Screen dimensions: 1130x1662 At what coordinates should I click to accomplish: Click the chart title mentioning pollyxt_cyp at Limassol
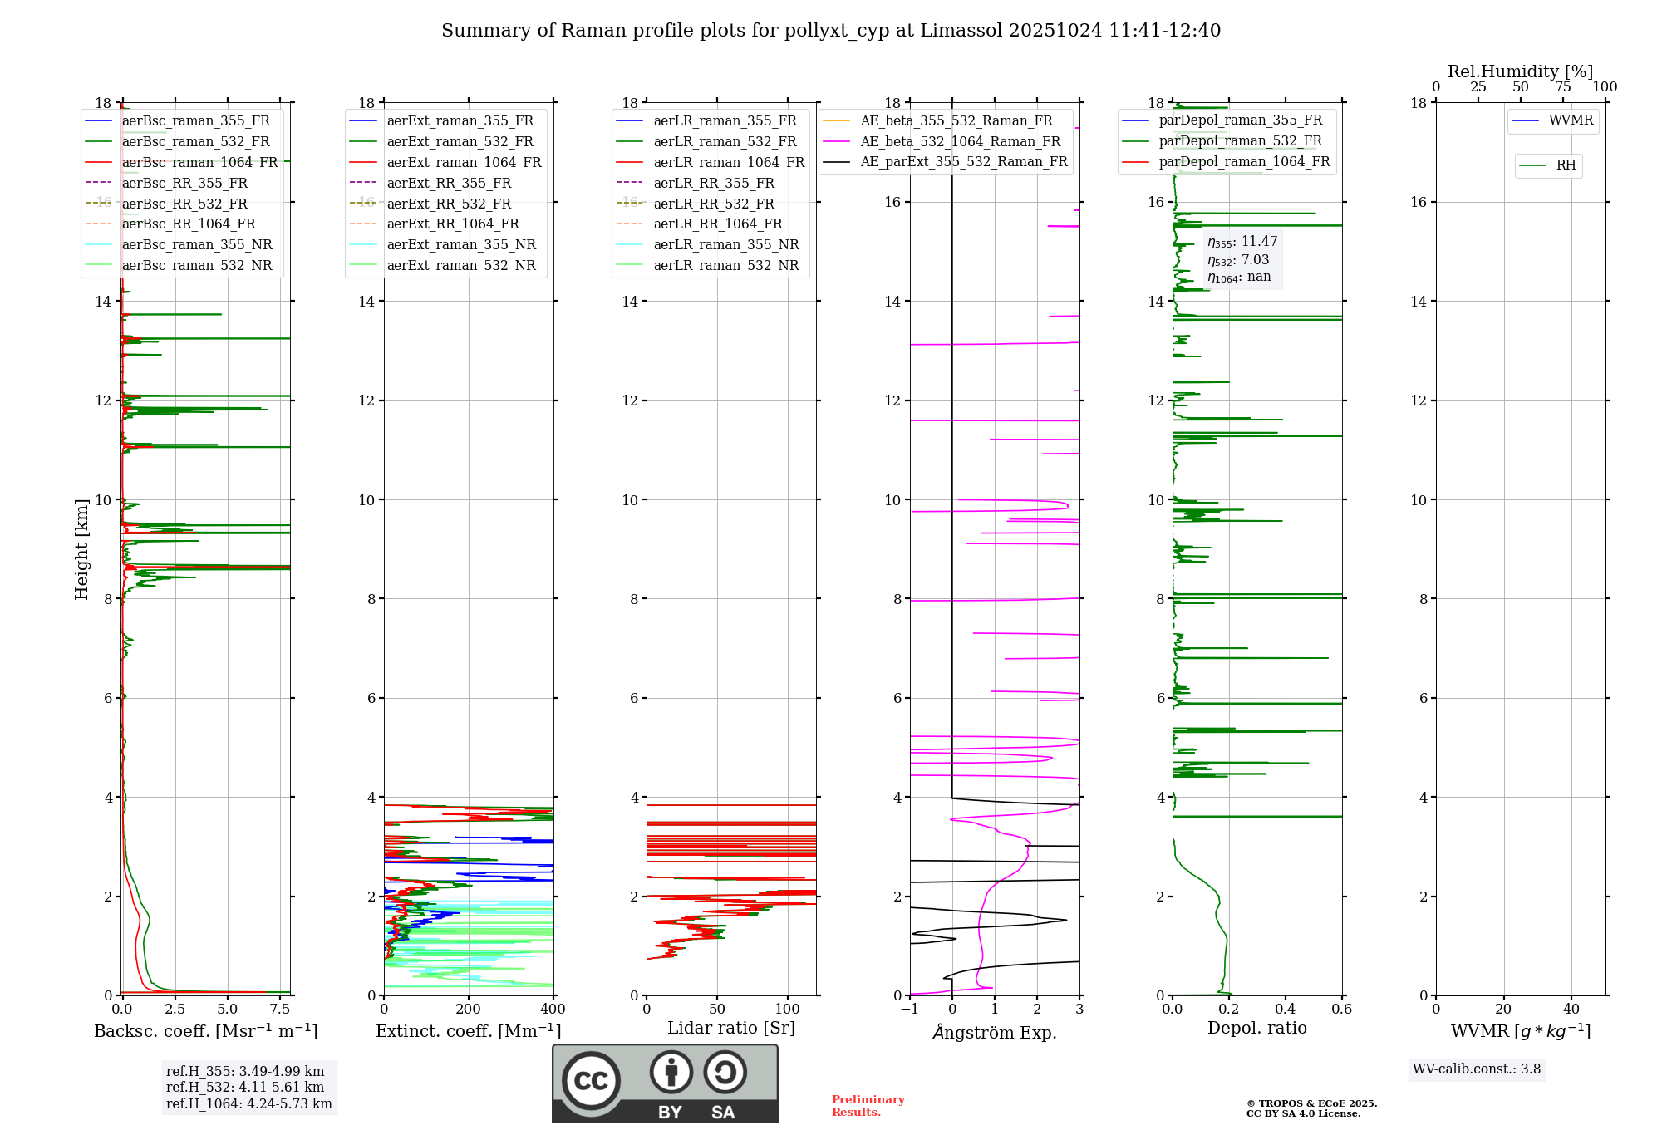click(x=831, y=31)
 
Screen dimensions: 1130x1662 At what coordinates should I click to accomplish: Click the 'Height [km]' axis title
click(x=81, y=548)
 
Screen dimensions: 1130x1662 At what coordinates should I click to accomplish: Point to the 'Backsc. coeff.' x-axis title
click(x=205, y=1031)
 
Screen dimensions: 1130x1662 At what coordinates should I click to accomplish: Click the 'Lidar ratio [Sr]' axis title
click(x=731, y=1028)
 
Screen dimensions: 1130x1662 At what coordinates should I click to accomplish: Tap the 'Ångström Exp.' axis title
click(x=995, y=1032)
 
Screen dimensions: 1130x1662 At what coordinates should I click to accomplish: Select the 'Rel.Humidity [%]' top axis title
click(x=1520, y=71)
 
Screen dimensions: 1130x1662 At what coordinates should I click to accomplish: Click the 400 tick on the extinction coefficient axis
click(x=553, y=1010)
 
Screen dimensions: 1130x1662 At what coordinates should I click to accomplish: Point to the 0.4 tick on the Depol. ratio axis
click(x=1285, y=1010)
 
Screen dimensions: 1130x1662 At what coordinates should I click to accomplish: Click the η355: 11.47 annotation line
click(x=1242, y=242)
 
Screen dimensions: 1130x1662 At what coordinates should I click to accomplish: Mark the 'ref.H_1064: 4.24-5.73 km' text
click(x=248, y=1103)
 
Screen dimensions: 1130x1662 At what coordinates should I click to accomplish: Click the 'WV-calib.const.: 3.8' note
click(x=1477, y=1069)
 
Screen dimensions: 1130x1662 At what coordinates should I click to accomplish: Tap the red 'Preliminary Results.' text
click(x=868, y=1106)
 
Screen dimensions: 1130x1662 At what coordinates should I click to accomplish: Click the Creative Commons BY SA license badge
click(x=665, y=1083)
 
